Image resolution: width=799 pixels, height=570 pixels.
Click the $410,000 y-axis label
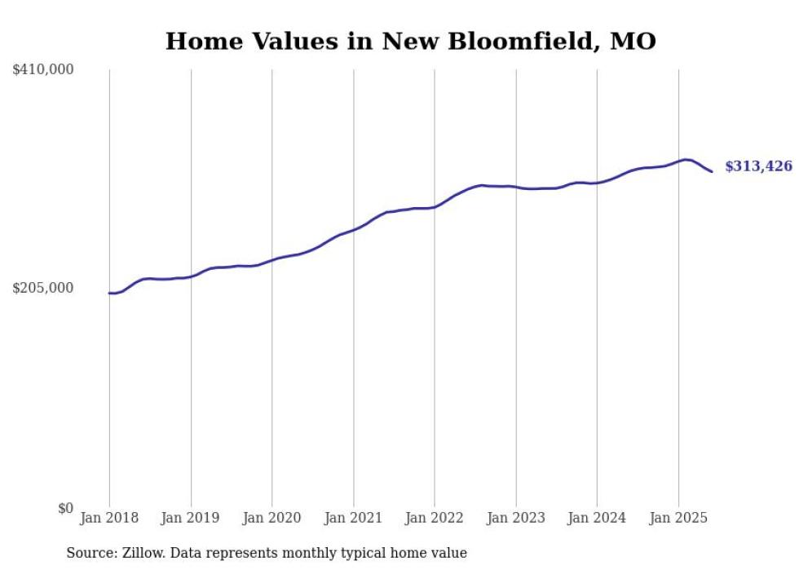[x=43, y=70]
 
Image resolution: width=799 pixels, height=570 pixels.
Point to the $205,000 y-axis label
[x=43, y=288]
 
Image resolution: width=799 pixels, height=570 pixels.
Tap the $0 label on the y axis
[x=65, y=508]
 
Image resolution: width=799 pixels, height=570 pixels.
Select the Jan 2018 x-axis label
[x=109, y=518]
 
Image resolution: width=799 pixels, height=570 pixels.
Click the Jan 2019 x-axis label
[x=191, y=518]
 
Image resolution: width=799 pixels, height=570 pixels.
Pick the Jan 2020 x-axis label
[x=271, y=518]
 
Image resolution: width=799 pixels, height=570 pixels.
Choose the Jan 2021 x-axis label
[x=353, y=518]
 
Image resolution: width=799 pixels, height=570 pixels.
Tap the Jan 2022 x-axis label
[x=435, y=518]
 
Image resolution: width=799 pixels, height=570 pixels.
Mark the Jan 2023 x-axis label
[x=515, y=518]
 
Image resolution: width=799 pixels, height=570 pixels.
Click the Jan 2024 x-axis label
[x=597, y=518]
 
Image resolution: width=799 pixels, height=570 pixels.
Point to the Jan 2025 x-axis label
[x=678, y=518]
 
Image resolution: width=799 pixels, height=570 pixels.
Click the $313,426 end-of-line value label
[x=758, y=166]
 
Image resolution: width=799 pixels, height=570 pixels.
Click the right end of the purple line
[x=712, y=171]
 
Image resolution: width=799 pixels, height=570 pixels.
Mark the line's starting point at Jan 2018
[x=109, y=293]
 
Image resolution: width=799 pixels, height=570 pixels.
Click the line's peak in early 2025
[x=685, y=159]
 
